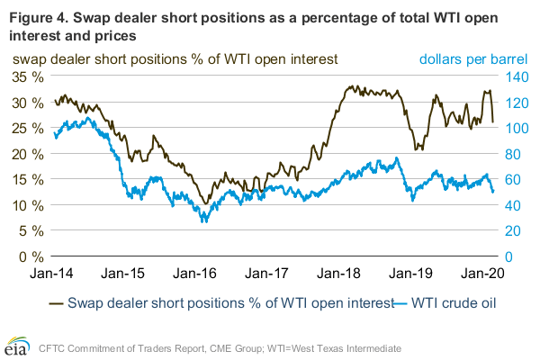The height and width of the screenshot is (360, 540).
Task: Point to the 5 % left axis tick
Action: [x=28, y=230]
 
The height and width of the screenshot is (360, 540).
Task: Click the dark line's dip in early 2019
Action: [x=415, y=149]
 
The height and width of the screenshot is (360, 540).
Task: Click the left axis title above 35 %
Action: [x=174, y=58]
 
